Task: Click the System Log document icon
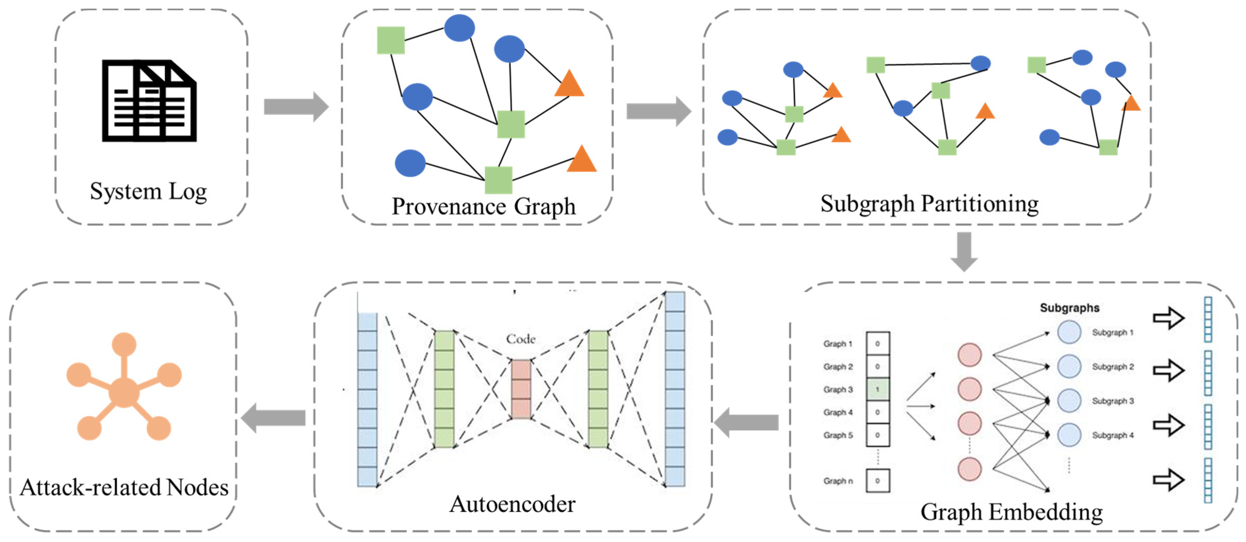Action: click(x=149, y=101)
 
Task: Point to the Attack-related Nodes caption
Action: click(x=124, y=487)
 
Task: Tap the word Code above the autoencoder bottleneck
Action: click(x=520, y=339)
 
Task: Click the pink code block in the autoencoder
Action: click(x=521, y=389)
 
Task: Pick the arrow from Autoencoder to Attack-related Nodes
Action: click(x=273, y=418)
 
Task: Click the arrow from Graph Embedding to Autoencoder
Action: click(x=746, y=422)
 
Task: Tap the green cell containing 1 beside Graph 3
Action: click(x=878, y=389)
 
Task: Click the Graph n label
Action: click(x=838, y=481)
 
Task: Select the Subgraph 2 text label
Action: click(x=1112, y=367)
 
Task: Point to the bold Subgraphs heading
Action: click(x=1069, y=308)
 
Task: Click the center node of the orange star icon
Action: click(x=124, y=392)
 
